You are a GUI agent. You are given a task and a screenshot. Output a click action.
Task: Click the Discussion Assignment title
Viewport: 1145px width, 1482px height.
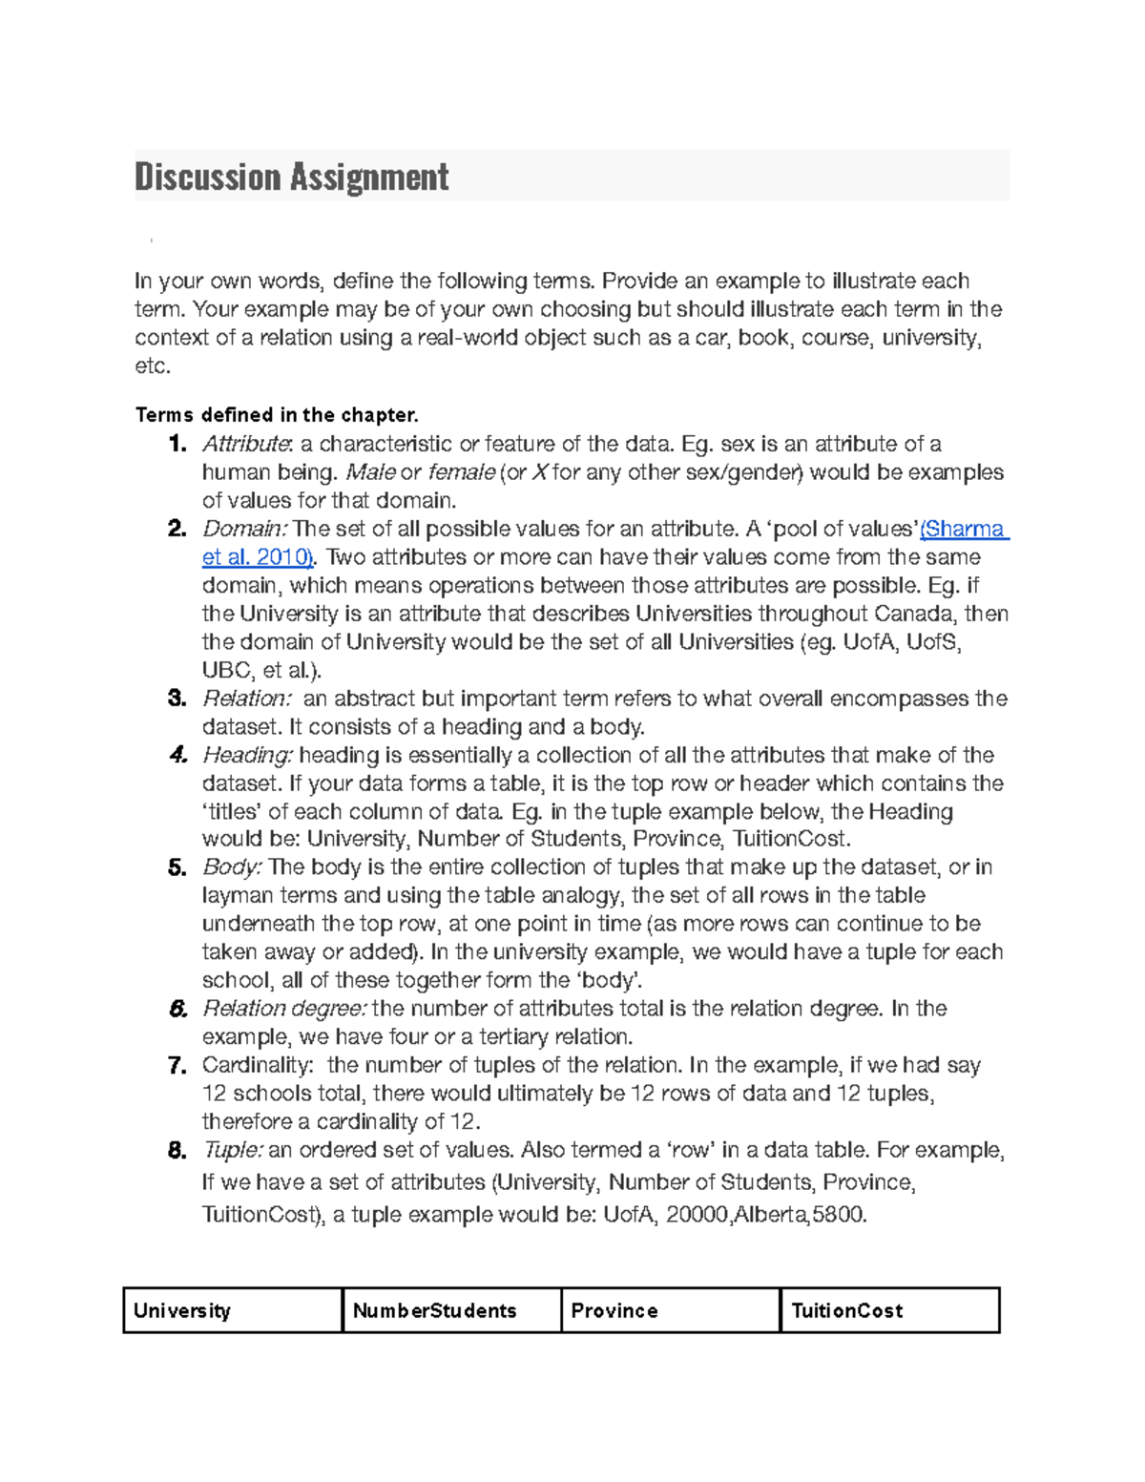(291, 177)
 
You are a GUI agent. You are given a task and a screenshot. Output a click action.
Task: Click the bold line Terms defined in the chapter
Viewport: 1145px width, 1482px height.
(277, 415)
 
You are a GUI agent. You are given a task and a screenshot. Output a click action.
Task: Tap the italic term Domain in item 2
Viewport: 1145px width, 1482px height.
(243, 529)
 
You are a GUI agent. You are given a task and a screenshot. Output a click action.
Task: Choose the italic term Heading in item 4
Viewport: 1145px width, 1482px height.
(247, 756)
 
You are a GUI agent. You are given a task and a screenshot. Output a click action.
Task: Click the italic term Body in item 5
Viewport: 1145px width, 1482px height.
(232, 867)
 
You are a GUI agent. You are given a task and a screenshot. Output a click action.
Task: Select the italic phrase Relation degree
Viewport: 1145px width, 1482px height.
(284, 1009)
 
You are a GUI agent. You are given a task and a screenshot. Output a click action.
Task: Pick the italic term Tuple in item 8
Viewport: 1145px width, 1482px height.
(233, 1150)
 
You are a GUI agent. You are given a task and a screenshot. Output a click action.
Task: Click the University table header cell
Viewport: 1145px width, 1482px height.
(233, 1310)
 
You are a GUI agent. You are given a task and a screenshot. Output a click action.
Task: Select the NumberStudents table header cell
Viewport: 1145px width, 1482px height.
(451, 1310)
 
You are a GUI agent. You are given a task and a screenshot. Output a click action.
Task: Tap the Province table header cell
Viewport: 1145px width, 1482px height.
(671, 1310)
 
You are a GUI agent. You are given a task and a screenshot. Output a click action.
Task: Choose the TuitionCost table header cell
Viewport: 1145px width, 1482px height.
(889, 1310)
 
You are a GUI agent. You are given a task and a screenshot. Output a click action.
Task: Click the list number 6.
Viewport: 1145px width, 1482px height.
(177, 1010)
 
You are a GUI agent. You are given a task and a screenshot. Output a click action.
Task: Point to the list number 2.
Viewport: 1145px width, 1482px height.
(177, 530)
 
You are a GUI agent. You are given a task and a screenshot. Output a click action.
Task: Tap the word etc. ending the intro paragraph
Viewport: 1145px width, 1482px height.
(153, 366)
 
